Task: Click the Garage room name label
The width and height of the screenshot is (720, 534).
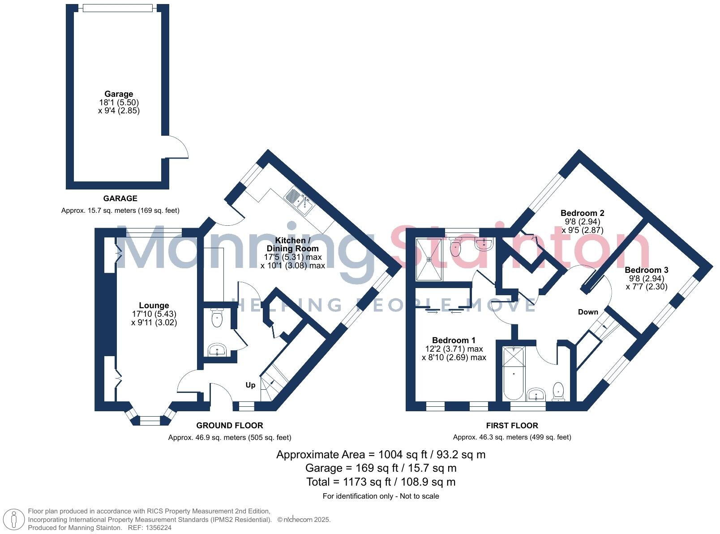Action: pos(119,94)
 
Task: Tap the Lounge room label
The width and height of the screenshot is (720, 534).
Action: pos(154,306)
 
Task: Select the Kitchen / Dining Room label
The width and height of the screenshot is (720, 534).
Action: pos(292,244)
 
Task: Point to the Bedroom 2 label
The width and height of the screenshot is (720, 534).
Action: pos(582,213)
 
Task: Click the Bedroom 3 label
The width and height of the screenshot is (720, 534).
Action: pos(646,270)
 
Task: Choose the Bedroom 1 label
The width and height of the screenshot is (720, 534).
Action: pos(454,340)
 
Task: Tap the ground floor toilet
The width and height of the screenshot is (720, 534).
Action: pos(216,319)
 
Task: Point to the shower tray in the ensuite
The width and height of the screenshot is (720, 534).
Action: pos(429,259)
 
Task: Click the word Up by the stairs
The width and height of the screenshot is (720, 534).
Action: pos(250,385)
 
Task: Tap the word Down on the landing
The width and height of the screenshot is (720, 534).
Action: pos(587,312)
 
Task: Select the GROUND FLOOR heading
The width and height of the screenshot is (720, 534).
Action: pos(229,425)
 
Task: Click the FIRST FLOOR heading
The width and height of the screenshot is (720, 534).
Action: pos(512,425)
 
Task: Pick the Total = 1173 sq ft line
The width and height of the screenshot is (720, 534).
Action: pos(381,482)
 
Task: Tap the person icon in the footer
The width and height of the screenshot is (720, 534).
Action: pos(14,520)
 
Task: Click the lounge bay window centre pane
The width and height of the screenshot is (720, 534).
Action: pos(150,421)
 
